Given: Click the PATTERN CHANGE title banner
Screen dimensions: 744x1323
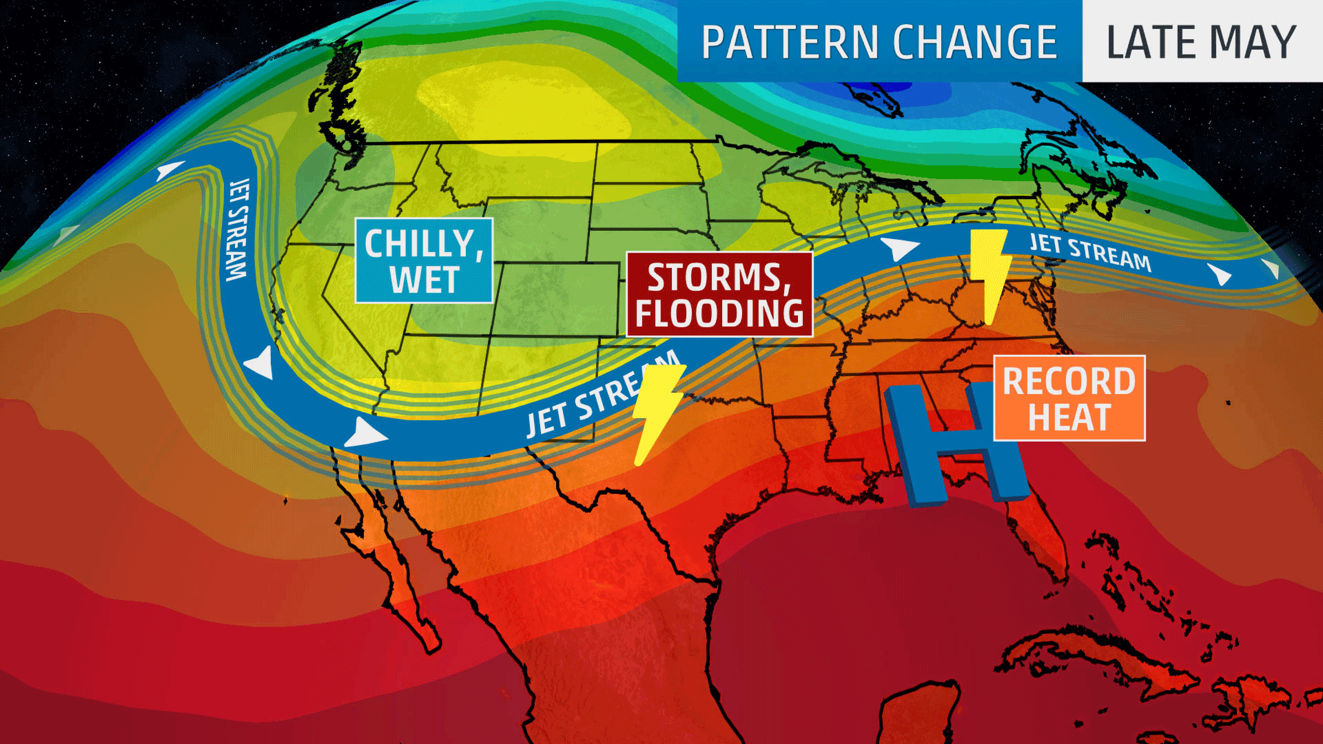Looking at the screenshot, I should (879, 41).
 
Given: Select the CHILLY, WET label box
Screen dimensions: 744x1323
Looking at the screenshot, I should (424, 260).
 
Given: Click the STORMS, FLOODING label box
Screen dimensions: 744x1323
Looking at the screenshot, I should (719, 294).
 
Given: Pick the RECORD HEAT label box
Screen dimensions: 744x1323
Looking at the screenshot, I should (1069, 398).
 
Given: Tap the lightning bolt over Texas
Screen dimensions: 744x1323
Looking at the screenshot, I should (657, 411).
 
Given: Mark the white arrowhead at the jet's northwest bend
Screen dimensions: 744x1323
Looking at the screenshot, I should (171, 170).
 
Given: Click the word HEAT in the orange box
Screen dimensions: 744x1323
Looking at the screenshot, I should (1069, 416).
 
